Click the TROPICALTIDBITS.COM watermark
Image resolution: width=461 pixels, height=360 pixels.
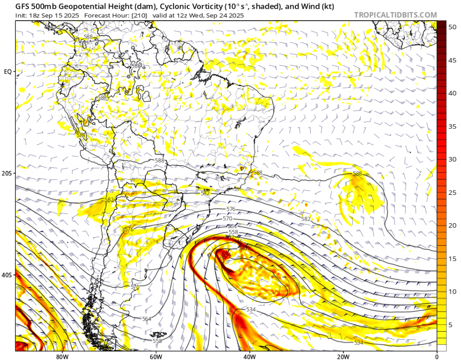(395, 15)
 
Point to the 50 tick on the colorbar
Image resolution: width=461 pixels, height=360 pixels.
(452, 27)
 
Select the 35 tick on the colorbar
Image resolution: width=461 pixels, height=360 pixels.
(452, 126)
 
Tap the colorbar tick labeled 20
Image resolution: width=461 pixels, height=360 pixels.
(452, 225)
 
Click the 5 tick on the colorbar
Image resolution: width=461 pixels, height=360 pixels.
(450, 325)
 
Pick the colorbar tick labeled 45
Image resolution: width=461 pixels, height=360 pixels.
(452, 60)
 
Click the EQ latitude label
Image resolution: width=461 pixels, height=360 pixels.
(8, 72)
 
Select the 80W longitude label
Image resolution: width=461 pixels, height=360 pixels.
(61, 357)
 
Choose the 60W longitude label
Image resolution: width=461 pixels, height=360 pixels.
(155, 357)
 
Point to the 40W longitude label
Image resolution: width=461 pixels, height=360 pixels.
(249, 357)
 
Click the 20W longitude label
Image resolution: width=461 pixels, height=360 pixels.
(342, 357)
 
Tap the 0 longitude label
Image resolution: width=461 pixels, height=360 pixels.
(437, 357)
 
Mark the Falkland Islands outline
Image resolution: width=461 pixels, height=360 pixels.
(158, 335)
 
